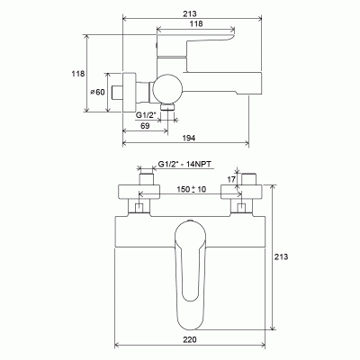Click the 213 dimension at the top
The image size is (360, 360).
(x=190, y=13)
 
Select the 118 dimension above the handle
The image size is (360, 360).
(x=196, y=23)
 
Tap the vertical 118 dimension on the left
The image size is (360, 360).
(x=78, y=74)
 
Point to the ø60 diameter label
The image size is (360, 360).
(x=98, y=92)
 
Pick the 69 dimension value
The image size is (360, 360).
(x=145, y=126)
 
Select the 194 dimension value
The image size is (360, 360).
(x=189, y=138)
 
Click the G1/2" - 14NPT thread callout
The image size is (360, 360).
(x=184, y=164)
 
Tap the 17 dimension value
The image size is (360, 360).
(x=231, y=180)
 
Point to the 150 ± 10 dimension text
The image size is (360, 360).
(x=192, y=189)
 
